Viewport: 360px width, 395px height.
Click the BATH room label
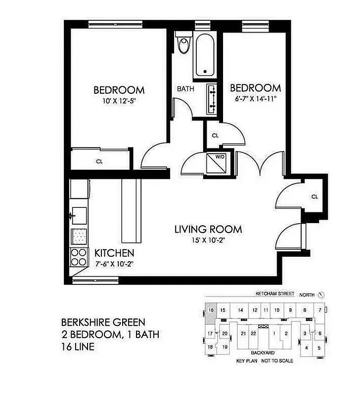(186, 89)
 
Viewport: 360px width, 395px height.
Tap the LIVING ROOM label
(208, 229)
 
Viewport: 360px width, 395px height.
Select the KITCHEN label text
(114, 253)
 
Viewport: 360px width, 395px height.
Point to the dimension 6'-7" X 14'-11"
(256, 98)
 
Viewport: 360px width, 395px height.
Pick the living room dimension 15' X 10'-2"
(208, 240)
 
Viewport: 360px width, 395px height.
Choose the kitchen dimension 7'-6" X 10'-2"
(114, 263)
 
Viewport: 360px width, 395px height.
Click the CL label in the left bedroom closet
(99, 160)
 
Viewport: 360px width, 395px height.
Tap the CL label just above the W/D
(215, 135)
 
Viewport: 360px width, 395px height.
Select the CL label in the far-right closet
(315, 197)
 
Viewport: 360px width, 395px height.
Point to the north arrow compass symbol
(321, 294)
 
